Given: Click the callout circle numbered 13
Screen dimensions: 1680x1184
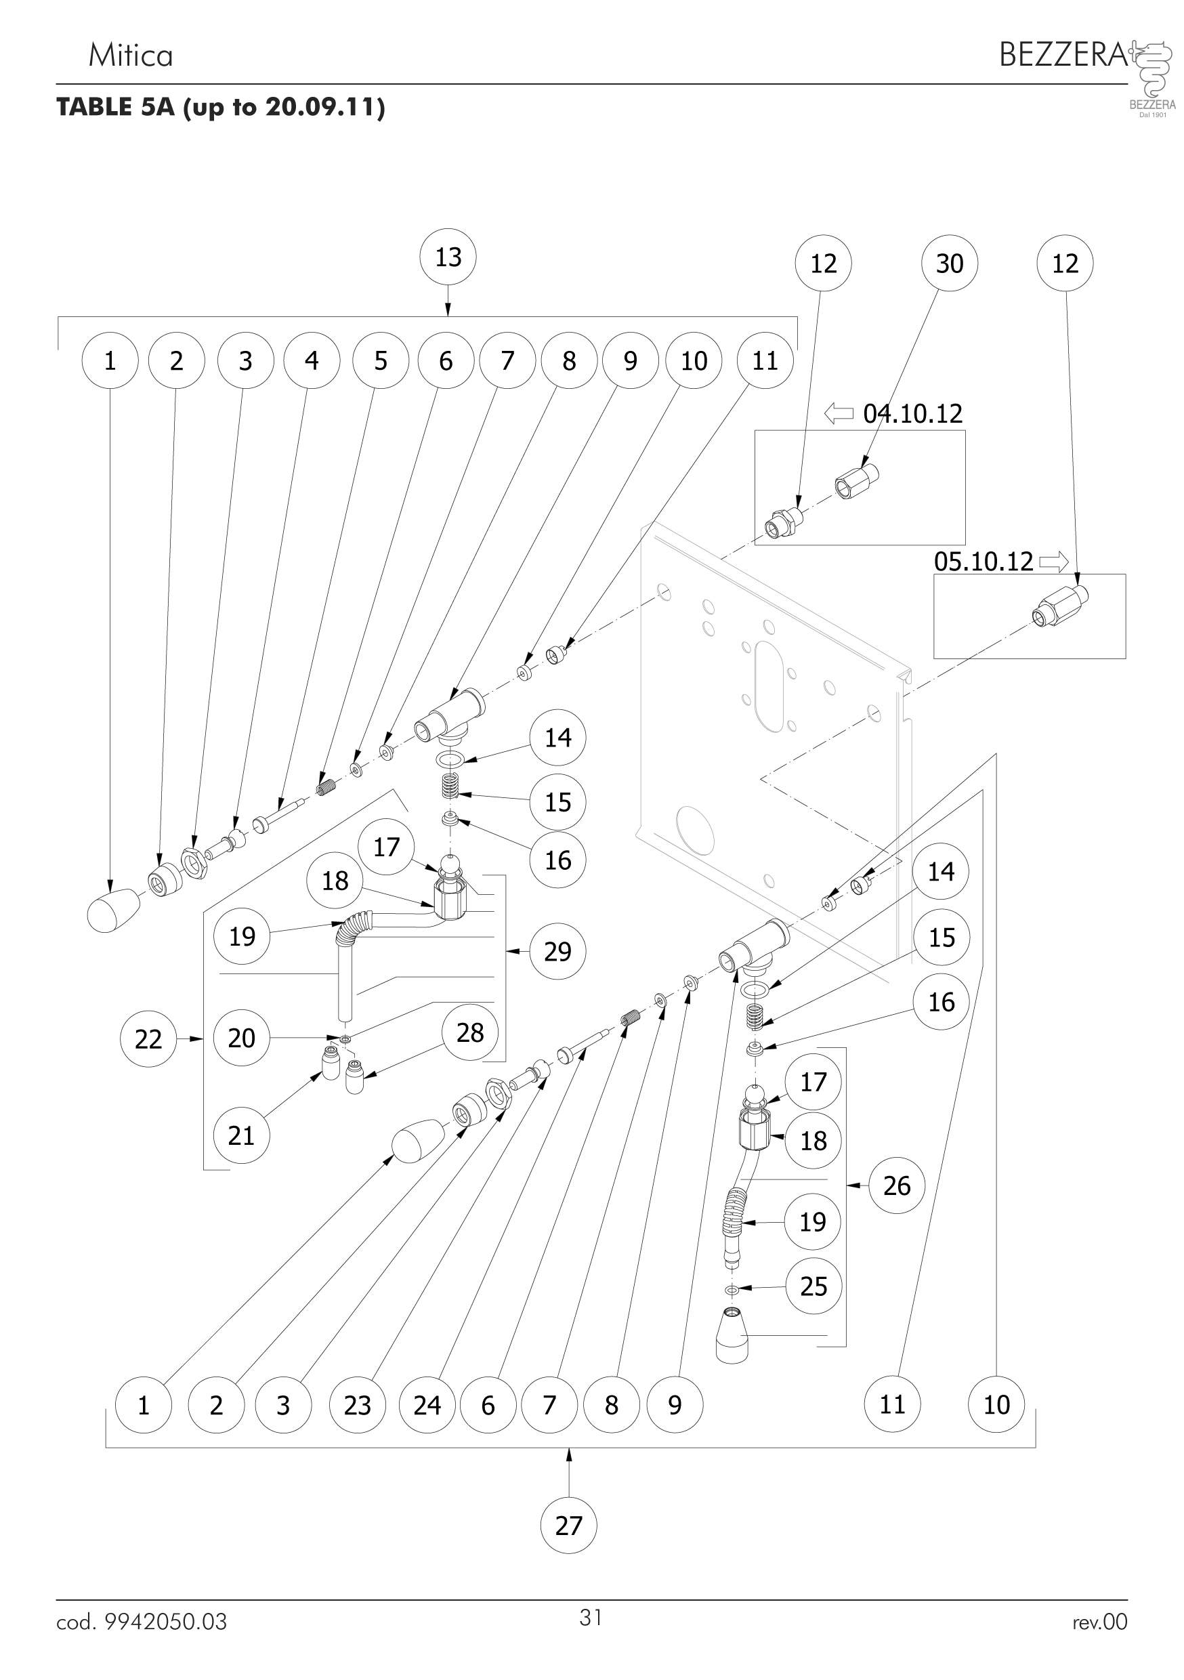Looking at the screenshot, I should coord(448,257).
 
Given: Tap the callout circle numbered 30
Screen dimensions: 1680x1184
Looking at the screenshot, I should coord(949,264).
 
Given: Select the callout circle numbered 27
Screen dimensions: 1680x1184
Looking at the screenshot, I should coord(568,1526).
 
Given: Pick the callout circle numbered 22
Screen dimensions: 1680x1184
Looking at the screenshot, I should coord(148,1039).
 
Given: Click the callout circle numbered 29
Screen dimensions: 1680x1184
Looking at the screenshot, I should coord(557,951).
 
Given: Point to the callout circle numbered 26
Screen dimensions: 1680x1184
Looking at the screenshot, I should coord(896,1185).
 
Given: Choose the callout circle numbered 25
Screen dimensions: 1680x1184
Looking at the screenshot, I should coord(813,1286).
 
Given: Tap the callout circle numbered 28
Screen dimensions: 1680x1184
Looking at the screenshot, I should coord(470,1033).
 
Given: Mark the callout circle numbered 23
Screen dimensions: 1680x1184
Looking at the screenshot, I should coord(357,1405).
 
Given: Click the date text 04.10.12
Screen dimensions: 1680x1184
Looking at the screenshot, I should coord(912,414).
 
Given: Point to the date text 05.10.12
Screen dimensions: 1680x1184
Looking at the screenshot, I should coord(984,562).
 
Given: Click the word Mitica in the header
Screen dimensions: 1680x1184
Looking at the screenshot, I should coord(130,56).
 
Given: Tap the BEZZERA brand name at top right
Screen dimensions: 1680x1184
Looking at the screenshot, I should coord(1063,55).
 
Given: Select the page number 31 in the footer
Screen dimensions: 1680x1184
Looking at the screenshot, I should coord(591,1617).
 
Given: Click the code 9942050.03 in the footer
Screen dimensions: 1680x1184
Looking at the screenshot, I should coord(142,1622).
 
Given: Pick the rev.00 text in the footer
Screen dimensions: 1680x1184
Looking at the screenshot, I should coord(1099,1622).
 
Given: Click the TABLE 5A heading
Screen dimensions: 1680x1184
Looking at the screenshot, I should coord(220,108).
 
